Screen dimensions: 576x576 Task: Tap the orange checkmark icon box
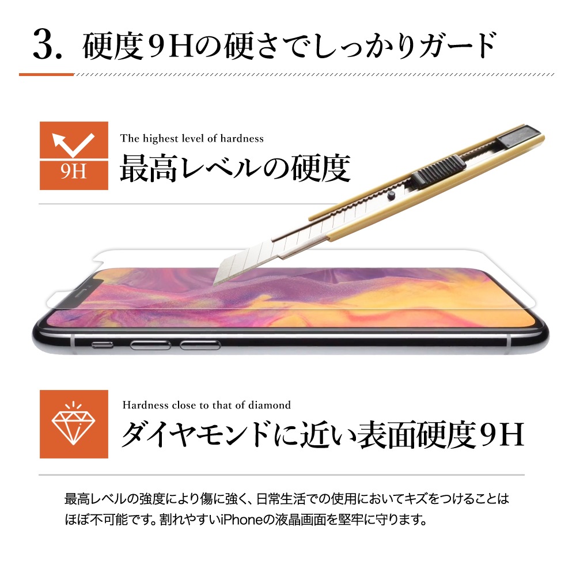pyautogui.click(x=74, y=156)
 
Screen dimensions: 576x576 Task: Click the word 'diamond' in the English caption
pyautogui.click(x=269, y=405)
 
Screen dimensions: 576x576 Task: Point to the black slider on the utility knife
pyautogui.click(x=438, y=170)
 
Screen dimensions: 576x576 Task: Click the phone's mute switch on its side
pyautogui.click(x=102, y=344)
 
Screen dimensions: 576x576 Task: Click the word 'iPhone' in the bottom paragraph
pyautogui.click(x=242, y=520)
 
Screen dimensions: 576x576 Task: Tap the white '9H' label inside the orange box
pyautogui.click(x=74, y=172)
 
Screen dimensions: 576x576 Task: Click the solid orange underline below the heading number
pyautogui.click(x=47, y=74)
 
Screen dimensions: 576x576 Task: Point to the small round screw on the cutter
pyautogui.click(x=391, y=196)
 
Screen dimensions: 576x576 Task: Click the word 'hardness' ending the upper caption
pyautogui.click(x=242, y=138)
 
